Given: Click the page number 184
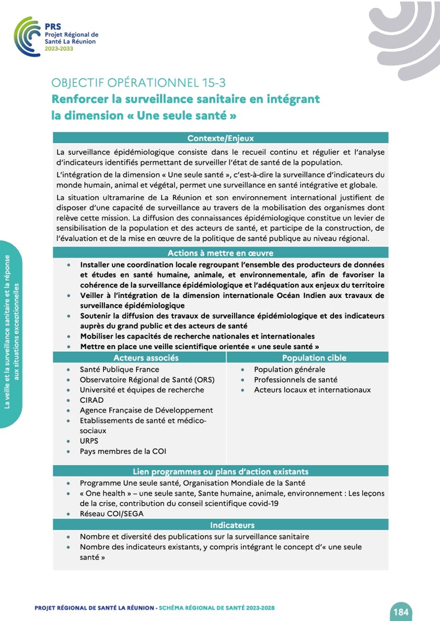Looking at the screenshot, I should tap(401, 612).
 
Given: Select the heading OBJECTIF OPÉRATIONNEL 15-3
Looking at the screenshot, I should tap(138, 83).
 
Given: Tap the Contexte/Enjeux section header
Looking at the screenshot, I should tap(221, 138).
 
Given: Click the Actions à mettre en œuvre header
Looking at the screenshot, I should tap(221, 253).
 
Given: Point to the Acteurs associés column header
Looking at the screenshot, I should tap(146, 357).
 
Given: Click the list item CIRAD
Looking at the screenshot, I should tap(91, 400).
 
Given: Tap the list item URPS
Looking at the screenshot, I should tap(89, 441).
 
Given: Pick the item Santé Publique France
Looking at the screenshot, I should tap(119, 369).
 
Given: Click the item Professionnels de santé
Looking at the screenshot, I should tap(295, 379).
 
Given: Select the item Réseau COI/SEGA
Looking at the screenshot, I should tap(111, 513).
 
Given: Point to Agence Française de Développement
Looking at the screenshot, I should tap(146, 410).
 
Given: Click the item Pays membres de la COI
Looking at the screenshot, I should tap(123, 451).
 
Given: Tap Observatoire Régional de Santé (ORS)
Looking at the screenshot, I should tap(147, 379).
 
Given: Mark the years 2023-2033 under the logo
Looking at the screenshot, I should tap(59, 49).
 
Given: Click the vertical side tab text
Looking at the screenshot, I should tap(10, 334).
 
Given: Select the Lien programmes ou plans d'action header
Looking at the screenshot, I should tap(221, 471).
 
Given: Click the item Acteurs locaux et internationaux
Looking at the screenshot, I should tap(312, 390).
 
